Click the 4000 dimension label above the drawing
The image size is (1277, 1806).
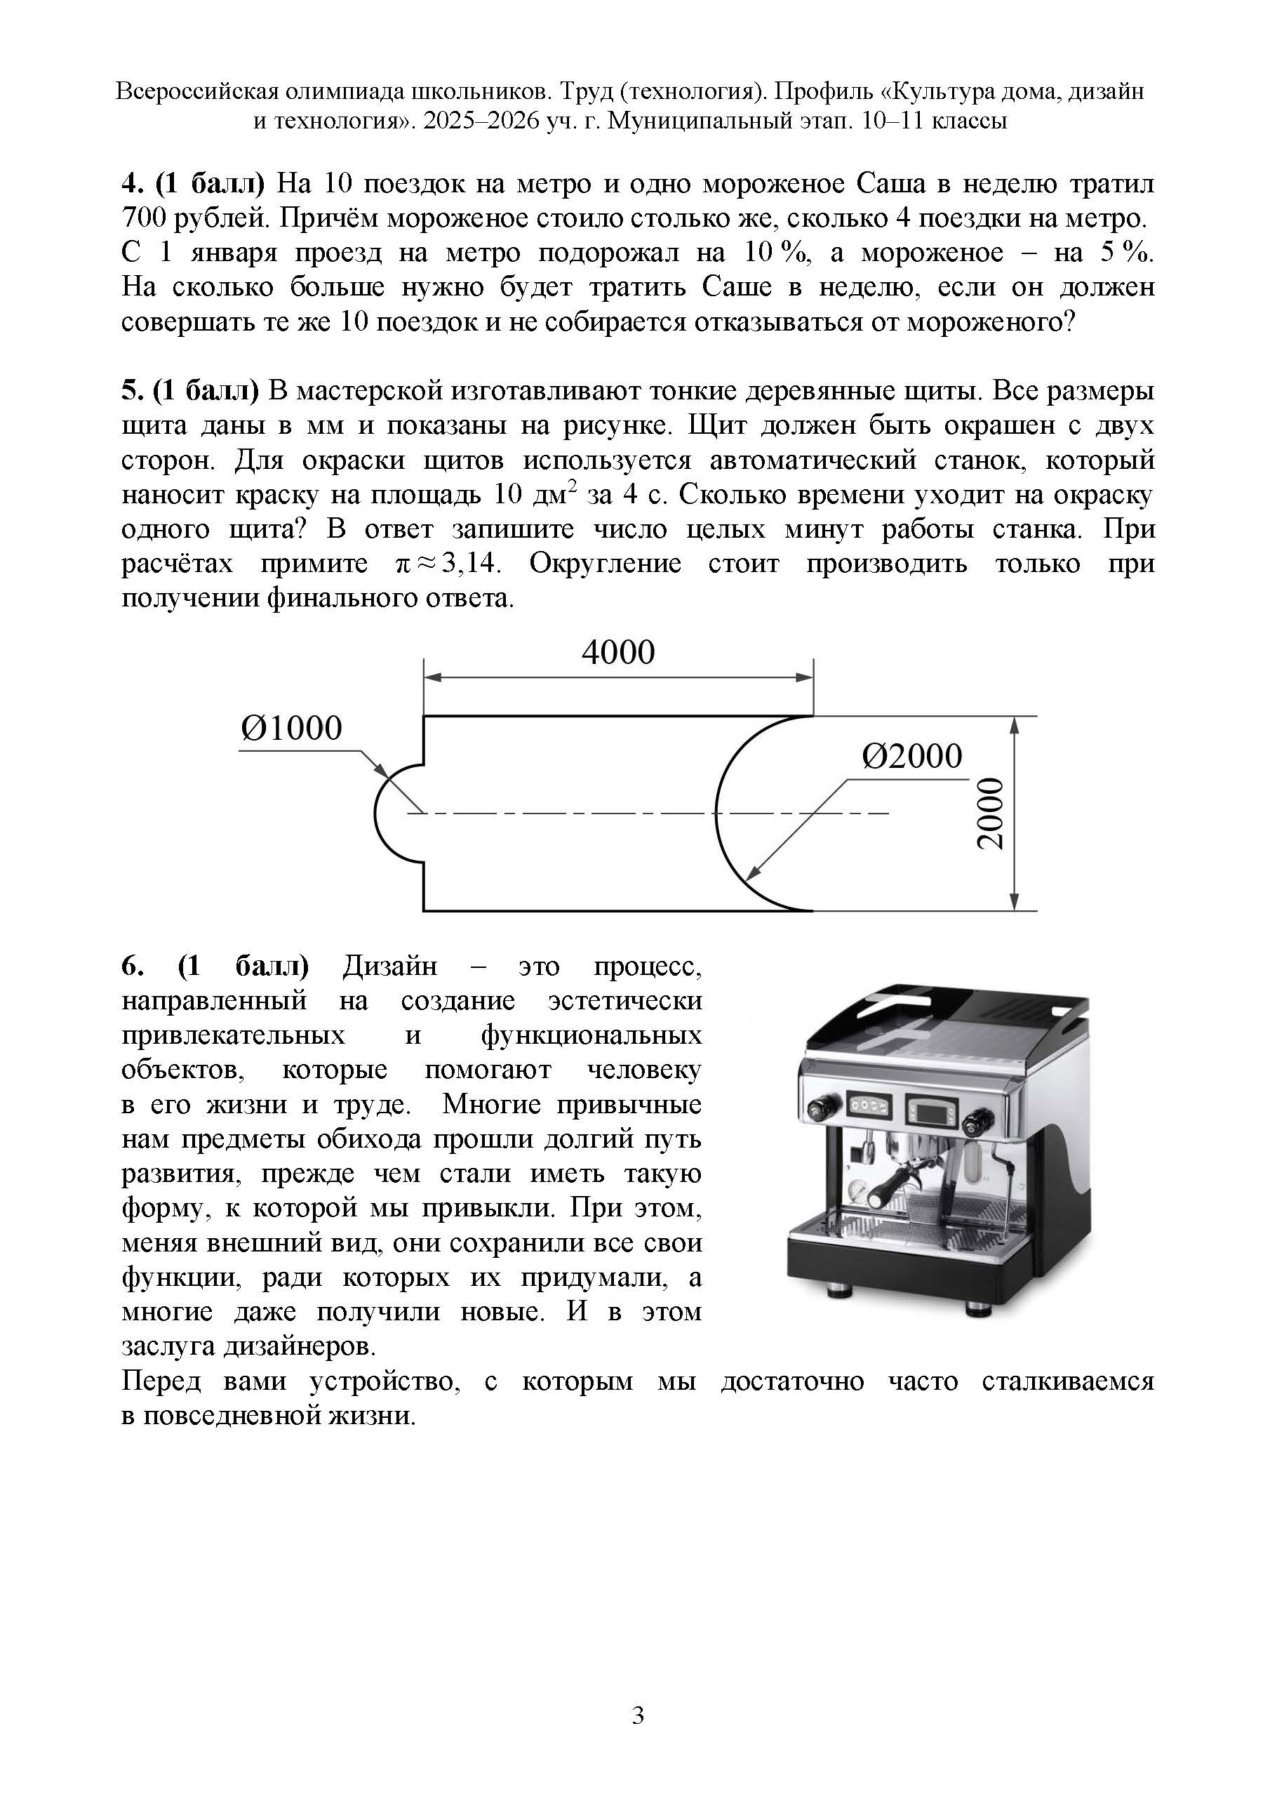coord(617,653)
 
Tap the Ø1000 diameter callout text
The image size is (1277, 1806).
coord(292,729)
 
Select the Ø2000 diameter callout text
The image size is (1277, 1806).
coord(911,757)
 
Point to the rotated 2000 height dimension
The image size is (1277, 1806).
coord(991,814)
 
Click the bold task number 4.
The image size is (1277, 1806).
coord(130,184)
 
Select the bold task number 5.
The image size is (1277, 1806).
coord(130,391)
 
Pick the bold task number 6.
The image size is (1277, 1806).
coord(130,966)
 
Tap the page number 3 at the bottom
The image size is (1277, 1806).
coord(638,1714)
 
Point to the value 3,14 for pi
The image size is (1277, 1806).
coord(472,564)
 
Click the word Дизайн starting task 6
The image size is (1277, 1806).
coord(389,966)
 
